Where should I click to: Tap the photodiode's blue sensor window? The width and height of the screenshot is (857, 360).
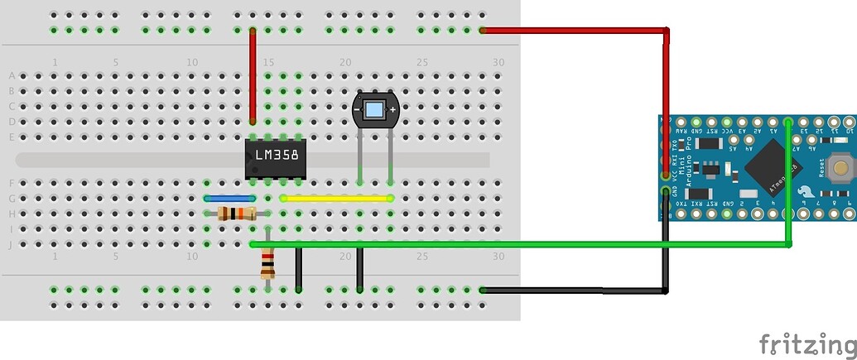(x=374, y=110)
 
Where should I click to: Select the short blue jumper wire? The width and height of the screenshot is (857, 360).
(x=229, y=199)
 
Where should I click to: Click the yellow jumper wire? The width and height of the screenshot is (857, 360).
(x=335, y=199)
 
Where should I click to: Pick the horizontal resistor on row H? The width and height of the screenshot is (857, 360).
(x=235, y=214)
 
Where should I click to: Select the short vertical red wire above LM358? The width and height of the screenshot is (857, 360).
(x=253, y=76)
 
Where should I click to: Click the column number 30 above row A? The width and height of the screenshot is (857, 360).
(x=498, y=63)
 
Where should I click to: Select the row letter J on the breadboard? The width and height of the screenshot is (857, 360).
(x=12, y=244)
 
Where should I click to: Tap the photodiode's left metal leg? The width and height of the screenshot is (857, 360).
(x=359, y=153)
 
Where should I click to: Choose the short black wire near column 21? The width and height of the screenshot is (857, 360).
(x=359, y=270)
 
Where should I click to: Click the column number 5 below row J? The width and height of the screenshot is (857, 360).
(x=116, y=257)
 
